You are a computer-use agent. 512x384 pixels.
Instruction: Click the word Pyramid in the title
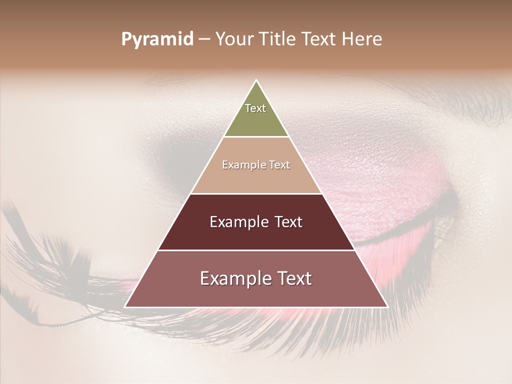(157, 39)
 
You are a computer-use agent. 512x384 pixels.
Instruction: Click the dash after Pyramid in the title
(204, 39)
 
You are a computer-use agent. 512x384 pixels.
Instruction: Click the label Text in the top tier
(255, 108)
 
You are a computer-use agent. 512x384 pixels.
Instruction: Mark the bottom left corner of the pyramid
(125, 307)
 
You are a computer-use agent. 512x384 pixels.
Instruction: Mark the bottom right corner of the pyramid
(387, 307)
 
